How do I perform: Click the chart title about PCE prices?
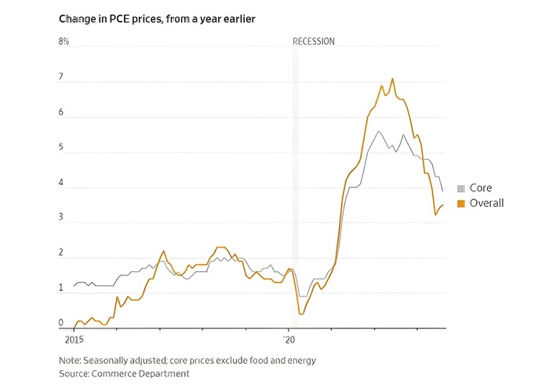(x=157, y=17)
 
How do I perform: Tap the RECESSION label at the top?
(x=313, y=41)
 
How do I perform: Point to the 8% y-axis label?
(x=64, y=41)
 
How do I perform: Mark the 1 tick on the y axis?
(x=61, y=289)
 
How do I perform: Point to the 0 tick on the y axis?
(x=61, y=323)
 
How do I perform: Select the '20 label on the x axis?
(x=289, y=340)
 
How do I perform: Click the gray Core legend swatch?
(x=461, y=189)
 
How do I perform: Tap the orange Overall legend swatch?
(x=461, y=204)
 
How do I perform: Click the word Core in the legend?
(x=481, y=189)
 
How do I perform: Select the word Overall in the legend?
(x=486, y=204)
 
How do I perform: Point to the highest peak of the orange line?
(x=392, y=78)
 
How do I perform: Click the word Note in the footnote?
(x=69, y=361)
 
